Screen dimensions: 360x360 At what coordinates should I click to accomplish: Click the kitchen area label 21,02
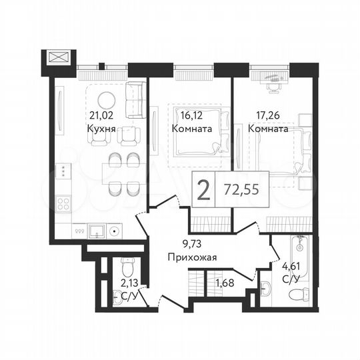[x=101, y=115]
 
